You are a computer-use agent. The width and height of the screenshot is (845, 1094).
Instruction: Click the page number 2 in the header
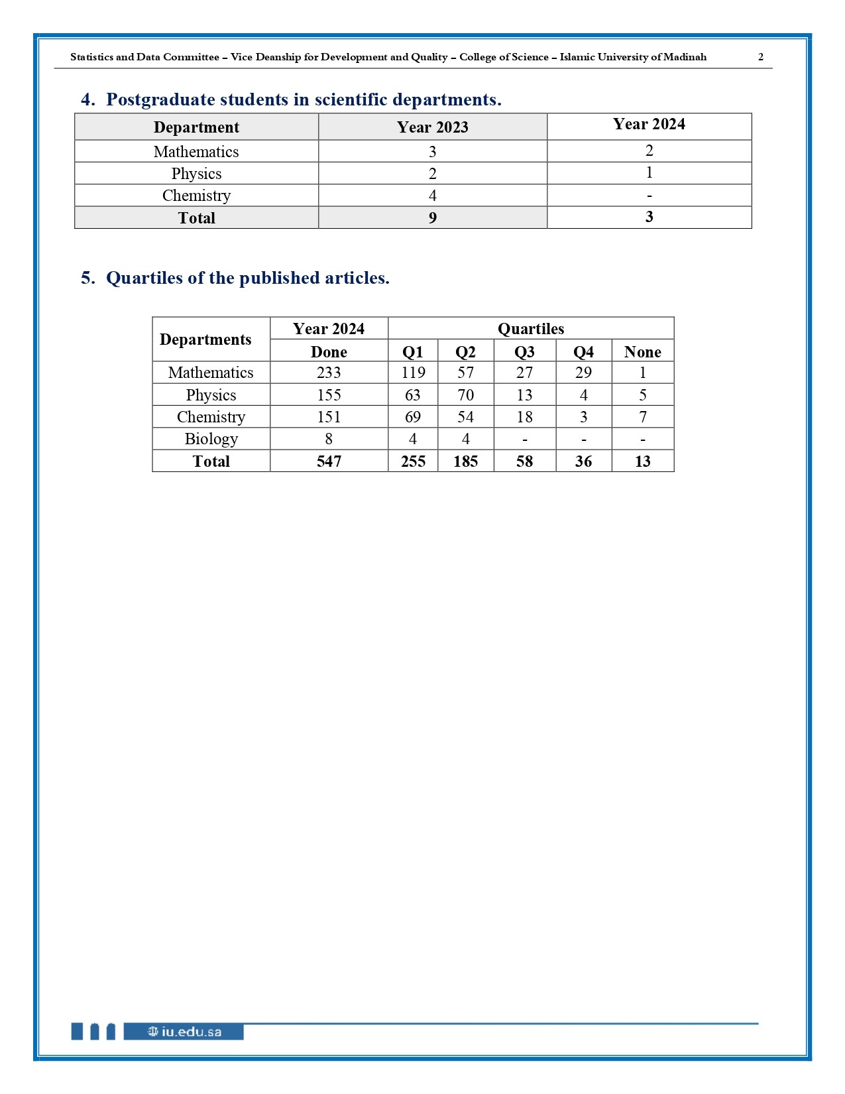pos(761,57)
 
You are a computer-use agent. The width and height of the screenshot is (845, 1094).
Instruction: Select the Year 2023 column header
pos(432,127)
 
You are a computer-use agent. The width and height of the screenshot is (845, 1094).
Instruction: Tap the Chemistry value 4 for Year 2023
pos(432,196)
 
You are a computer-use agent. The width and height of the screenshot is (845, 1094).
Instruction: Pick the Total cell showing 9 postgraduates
pos(432,218)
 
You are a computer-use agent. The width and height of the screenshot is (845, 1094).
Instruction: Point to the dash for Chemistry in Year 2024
pos(649,196)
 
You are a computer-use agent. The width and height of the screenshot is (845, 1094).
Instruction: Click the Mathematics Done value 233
pos(329,373)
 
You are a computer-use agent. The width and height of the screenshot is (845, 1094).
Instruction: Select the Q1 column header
pos(412,352)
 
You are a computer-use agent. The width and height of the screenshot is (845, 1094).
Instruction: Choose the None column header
pos(642,352)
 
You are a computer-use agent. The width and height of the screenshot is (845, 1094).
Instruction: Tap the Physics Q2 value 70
pos(465,395)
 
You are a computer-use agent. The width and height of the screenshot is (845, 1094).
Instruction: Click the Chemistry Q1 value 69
pos(412,417)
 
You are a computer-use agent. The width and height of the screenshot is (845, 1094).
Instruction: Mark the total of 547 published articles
pos(329,461)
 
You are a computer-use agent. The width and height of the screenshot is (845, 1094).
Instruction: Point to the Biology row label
pos(211,439)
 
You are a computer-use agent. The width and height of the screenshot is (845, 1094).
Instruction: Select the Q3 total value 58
pos(524,461)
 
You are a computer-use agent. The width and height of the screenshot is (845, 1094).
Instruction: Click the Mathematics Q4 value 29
pos(583,373)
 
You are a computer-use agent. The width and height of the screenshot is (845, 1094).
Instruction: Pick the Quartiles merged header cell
pos(531,329)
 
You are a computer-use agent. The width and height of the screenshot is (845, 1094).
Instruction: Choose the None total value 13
pos(642,461)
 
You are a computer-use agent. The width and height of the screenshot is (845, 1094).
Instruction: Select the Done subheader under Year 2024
pos(329,352)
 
